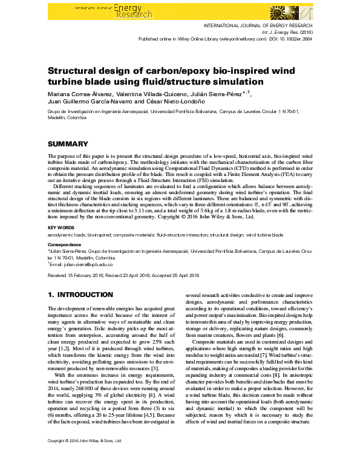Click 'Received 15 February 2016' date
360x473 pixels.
[77, 275]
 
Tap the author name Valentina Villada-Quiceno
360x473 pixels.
[149, 95]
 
